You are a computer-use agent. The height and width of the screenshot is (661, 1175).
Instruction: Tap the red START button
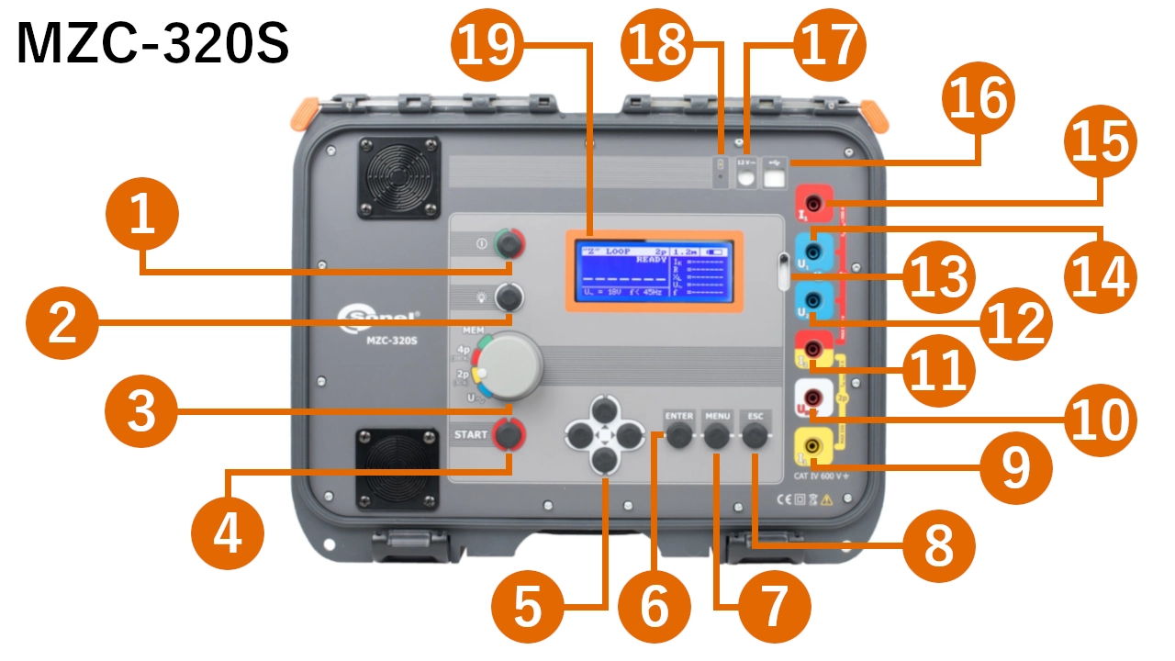[507, 433]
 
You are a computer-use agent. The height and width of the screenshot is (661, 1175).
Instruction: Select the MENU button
[717, 438]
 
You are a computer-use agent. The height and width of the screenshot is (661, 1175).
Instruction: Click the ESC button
[755, 438]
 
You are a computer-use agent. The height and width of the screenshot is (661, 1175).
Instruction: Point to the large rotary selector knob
[512, 364]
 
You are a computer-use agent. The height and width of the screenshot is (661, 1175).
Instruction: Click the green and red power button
[508, 244]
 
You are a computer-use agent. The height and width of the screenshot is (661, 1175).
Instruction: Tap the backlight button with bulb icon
[508, 297]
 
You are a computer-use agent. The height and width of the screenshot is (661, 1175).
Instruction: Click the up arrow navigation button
[604, 409]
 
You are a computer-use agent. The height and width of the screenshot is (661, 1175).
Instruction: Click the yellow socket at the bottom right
[813, 447]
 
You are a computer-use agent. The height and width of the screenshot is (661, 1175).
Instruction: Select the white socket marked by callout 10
[813, 398]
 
